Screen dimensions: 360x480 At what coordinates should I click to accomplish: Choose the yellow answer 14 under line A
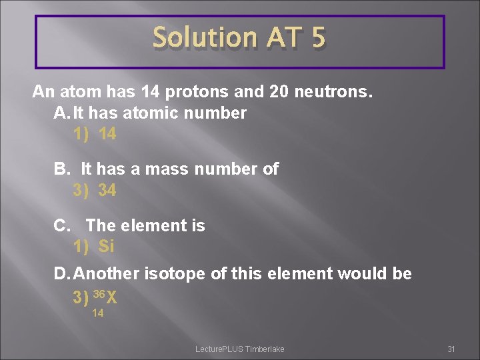pyautogui.click(x=107, y=134)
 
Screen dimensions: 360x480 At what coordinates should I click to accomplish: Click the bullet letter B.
pyautogui.click(x=62, y=169)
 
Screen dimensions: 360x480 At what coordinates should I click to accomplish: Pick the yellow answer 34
pyautogui.click(x=107, y=191)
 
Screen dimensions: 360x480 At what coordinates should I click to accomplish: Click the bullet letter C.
pyautogui.click(x=62, y=226)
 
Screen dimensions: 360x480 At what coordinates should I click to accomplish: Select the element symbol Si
pyautogui.click(x=107, y=247)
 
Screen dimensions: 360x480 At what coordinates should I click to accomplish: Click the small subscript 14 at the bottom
pyautogui.click(x=97, y=313)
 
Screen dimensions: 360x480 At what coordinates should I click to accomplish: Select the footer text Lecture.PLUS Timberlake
pyautogui.click(x=239, y=349)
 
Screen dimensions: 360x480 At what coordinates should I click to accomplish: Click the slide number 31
pyautogui.click(x=451, y=349)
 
